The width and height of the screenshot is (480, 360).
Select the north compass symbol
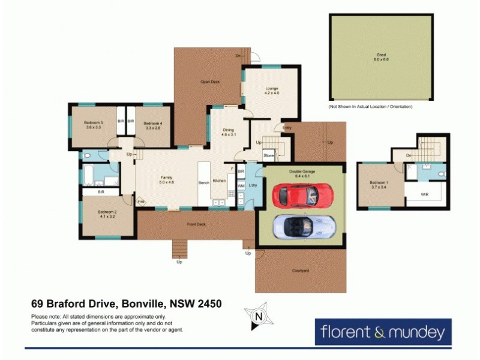coord(258,316)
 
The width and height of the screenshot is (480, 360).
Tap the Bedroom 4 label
coord(152,125)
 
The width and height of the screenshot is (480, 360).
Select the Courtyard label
coord(300,271)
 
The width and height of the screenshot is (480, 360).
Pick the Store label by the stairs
coord(268,156)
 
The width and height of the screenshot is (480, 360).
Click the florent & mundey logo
coord(382,331)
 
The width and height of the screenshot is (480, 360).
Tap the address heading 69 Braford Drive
coord(127,304)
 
